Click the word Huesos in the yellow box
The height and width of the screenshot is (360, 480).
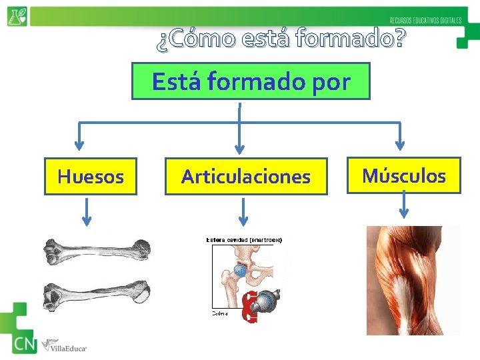click(x=91, y=177)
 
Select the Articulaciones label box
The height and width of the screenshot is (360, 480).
click(x=246, y=177)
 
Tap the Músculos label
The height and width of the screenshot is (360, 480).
click(x=403, y=176)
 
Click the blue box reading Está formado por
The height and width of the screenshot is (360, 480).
click(x=251, y=81)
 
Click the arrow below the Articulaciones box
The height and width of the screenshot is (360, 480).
click(x=243, y=213)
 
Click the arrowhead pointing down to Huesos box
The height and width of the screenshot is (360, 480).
click(x=79, y=144)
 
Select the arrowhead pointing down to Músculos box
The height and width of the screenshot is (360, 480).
click(x=399, y=144)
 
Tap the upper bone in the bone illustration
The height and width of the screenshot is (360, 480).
click(x=96, y=251)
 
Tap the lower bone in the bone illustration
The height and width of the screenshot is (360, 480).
click(x=96, y=293)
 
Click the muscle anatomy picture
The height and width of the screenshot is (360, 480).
click(x=413, y=280)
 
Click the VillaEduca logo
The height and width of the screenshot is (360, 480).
click(x=64, y=346)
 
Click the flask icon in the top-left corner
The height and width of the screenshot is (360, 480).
click(x=17, y=16)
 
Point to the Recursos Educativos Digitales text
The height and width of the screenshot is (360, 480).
click(x=425, y=21)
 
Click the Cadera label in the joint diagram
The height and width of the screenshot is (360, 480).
click(x=221, y=312)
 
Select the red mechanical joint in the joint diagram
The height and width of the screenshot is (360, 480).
click(x=251, y=308)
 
